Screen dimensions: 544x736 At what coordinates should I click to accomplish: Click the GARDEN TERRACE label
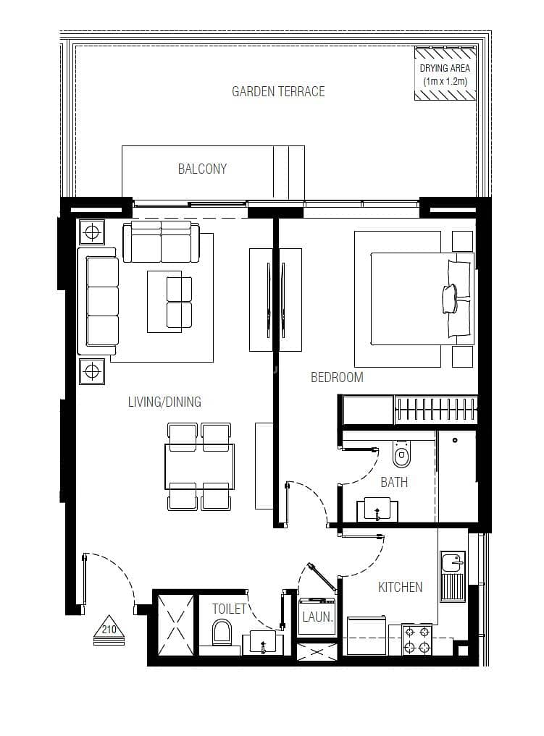pos(278,91)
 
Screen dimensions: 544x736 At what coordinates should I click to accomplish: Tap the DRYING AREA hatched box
pos(445,74)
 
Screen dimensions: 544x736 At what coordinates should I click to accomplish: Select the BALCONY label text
pos(202,169)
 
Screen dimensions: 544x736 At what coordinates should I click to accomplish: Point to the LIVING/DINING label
pos(164,402)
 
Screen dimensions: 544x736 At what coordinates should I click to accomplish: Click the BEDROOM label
pos(337,377)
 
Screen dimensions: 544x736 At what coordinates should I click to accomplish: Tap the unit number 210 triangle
pos(109,630)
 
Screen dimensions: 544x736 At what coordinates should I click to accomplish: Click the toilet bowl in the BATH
pos(401,454)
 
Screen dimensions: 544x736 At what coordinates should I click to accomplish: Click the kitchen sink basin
pos(453,562)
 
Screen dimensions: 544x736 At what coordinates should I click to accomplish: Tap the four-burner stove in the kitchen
pos(417,639)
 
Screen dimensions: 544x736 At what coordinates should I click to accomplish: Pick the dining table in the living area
pos(199,467)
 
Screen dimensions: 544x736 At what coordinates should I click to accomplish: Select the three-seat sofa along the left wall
pos(99,301)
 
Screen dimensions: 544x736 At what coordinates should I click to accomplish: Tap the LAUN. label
pos(317,617)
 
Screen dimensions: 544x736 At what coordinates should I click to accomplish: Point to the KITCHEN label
pos(401,587)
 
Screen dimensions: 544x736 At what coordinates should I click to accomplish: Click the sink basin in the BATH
pos(377,510)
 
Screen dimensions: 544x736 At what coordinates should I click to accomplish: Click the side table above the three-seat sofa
pos(92,232)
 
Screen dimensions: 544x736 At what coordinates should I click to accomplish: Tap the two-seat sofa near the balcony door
pos(161,242)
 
